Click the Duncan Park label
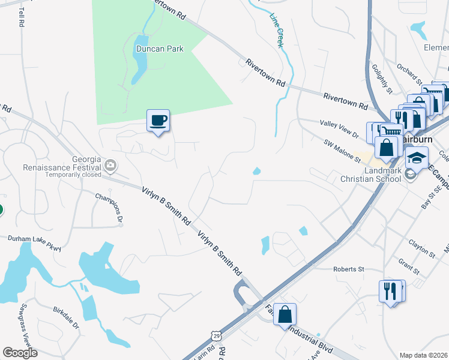[x=159, y=49]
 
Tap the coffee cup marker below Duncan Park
[x=158, y=121]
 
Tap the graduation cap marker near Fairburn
[x=416, y=158]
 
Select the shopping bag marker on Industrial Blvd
[x=285, y=314]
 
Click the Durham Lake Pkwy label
[x=35, y=242]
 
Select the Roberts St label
[x=349, y=269]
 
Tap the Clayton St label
[x=421, y=245]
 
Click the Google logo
[x=20, y=353]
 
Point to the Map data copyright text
[x=424, y=355]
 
